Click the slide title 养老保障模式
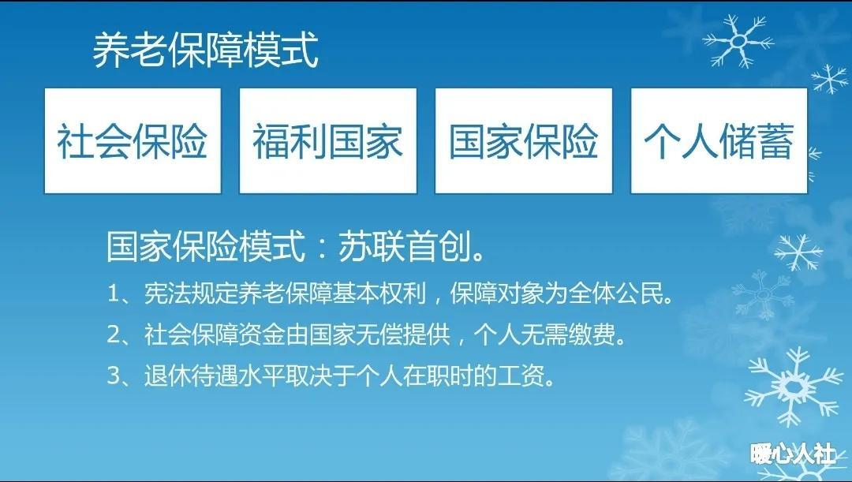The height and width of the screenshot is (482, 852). pyautogui.click(x=205, y=50)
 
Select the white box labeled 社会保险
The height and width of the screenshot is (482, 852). pyautogui.click(x=133, y=140)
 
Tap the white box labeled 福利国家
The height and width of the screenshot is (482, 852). pyautogui.click(x=328, y=140)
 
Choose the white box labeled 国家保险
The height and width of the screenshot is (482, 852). pyautogui.click(x=524, y=140)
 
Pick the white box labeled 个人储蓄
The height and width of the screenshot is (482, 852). pyautogui.click(x=719, y=140)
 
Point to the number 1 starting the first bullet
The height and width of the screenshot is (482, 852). pyautogui.click(x=114, y=294)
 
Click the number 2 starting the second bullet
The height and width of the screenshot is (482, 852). pyautogui.click(x=114, y=334)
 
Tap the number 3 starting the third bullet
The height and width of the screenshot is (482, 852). pyautogui.click(x=114, y=376)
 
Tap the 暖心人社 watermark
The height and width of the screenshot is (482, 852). pyautogui.click(x=793, y=454)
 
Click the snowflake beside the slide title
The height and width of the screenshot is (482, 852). pyautogui.click(x=738, y=41)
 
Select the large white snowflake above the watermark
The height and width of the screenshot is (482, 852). pyautogui.click(x=794, y=387)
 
